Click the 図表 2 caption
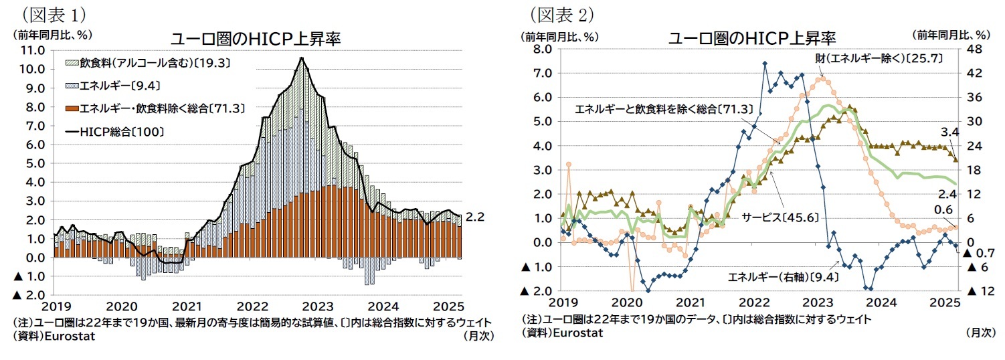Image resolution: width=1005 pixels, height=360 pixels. tap(562, 14)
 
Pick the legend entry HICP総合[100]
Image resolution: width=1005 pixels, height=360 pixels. tap(122, 132)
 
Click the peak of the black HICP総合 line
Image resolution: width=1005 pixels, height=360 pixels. tap(302, 58)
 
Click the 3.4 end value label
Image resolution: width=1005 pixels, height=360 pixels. tap(949, 131)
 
